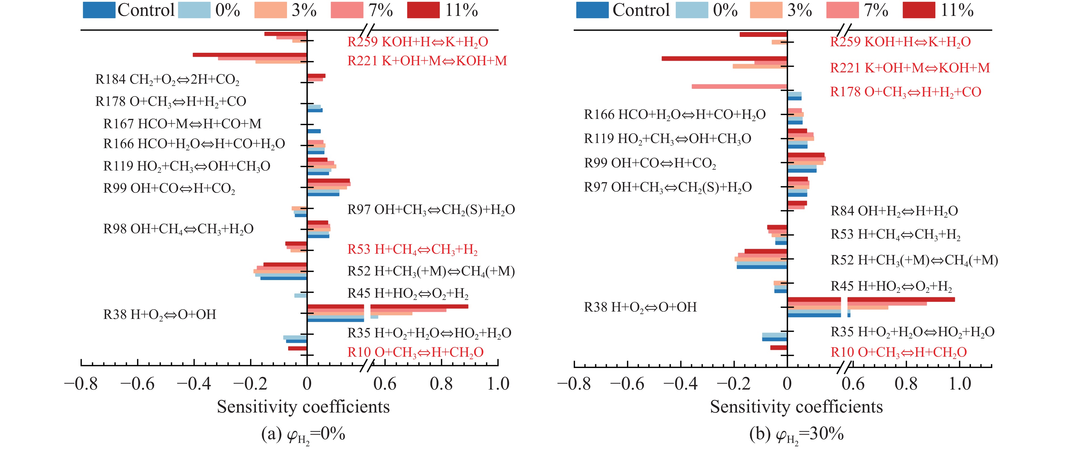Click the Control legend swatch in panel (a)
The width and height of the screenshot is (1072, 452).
[99, 10]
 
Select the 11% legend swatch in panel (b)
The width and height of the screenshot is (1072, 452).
[919, 10]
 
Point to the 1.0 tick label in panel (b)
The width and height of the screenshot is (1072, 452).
[960, 384]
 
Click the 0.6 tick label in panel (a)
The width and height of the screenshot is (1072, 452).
[385, 384]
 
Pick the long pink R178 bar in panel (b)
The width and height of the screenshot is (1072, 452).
[739, 87]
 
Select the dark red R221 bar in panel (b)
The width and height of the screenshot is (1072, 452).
[724, 59]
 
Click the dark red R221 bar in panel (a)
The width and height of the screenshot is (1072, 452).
[250, 55]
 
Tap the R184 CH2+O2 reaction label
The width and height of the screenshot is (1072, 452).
[167, 79]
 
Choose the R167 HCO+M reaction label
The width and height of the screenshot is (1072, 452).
[182, 124]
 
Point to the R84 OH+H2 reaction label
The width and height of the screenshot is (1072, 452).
[894, 211]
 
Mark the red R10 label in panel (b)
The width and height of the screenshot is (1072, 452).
[898, 352]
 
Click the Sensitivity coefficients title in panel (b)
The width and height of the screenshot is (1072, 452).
[796, 407]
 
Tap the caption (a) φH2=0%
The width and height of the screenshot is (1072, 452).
[303, 435]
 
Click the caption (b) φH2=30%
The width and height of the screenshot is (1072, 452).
[796, 435]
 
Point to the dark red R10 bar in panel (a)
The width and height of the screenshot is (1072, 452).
[297, 348]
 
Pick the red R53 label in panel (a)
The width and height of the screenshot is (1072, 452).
[412, 249]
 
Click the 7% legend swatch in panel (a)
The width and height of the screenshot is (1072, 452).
[347, 10]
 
